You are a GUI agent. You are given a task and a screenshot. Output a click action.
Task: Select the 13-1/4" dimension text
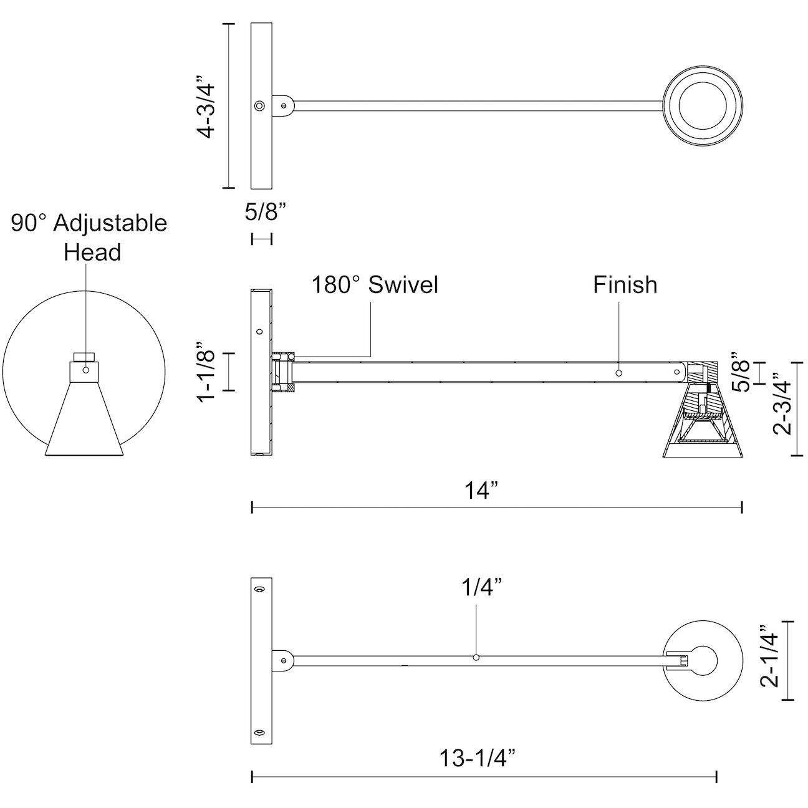coord(479,759)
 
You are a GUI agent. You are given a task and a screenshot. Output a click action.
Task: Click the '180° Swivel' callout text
coord(375,284)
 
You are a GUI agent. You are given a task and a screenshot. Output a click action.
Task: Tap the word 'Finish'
coord(625,284)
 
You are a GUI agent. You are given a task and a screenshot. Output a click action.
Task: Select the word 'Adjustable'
coord(110,223)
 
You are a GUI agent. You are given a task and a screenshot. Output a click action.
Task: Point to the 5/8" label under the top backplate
coord(265,212)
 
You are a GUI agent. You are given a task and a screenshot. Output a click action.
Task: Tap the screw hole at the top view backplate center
coord(259,106)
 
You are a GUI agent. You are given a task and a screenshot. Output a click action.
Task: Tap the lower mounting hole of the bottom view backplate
coord(259,732)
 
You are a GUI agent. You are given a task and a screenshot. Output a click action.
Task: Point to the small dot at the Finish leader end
coord(618,372)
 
